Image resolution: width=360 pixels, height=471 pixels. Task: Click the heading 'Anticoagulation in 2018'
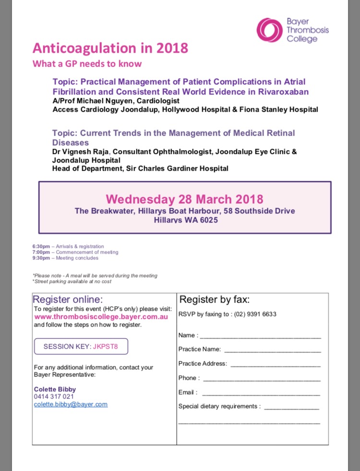pyautogui.click(x=110, y=48)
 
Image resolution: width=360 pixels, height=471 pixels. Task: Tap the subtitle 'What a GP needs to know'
pyautogui.click(x=87, y=64)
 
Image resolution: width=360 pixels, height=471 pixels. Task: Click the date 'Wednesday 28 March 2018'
pyautogui.click(x=184, y=199)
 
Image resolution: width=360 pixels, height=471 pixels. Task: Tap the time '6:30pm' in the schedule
pyautogui.click(x=41, y=247)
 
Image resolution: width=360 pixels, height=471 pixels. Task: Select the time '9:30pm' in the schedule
pyautogui.click(x=41, y=258)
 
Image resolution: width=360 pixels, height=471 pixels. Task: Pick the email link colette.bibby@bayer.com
pyautogui.click(x=71, y=404)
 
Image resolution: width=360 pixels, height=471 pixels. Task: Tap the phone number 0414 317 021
pyautogui.click(x=54, y=397)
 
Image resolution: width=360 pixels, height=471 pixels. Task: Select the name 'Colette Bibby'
pyautogui.click(x=55, y=389)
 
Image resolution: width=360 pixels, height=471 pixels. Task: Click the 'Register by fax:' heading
pyautogui.click(x=215, y=300)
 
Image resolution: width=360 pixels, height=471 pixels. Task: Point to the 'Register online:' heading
pyautogui.click(x=68, y=300)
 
